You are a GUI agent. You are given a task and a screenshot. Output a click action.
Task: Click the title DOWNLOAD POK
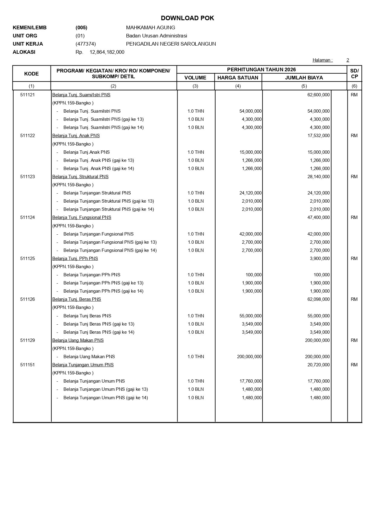(x=187, y=18)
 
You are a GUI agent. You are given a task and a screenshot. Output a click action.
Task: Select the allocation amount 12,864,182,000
(x=107, y=52)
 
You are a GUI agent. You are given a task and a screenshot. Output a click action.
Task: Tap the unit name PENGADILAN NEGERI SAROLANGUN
(x=171, y=44)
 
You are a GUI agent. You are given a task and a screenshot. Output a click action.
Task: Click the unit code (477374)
(x=86, y=44)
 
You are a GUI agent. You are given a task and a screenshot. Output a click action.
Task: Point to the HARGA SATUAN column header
(x=238, y=78)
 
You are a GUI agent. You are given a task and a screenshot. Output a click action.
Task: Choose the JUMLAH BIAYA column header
(x=304, y=78)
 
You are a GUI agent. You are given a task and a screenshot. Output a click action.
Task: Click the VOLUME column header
(x=195, y=78)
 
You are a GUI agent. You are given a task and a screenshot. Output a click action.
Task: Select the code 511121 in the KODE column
(x=28, y=95)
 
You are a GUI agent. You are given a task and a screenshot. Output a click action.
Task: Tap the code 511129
(x=28, y=340)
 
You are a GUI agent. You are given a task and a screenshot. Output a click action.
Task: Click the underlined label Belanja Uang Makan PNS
(x=78, y=340)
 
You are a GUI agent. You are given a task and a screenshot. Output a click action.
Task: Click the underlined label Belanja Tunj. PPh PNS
(x=75, y=259)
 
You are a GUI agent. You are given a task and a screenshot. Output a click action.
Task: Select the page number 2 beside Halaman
(x=348, y=60)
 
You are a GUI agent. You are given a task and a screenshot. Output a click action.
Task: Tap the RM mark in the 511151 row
(x=354, y=365)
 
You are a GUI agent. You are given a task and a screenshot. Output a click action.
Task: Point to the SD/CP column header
(x=354, y=74)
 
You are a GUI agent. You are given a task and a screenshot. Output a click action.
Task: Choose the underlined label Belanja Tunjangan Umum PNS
(x=83, y=365)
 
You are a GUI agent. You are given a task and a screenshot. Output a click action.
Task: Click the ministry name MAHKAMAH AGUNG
(x=150, y=27)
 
